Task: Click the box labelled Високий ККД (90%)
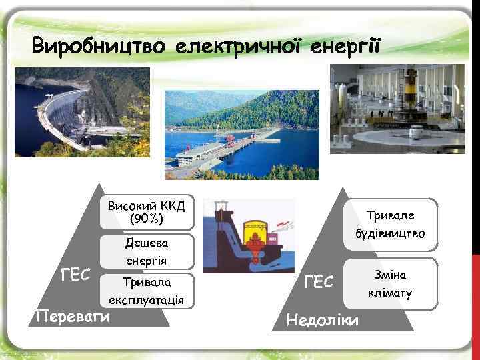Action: click(146, 211)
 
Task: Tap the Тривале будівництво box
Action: click(395, 225)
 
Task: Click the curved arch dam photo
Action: click(79, 111)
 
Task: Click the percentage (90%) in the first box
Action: click(146, 218)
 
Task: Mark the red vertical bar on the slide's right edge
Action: click(475, 267)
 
